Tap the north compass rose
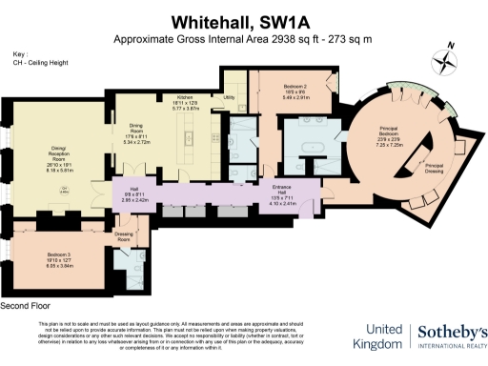click(444, 59)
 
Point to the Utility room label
click(229, 97)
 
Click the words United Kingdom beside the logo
click(376, 336)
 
